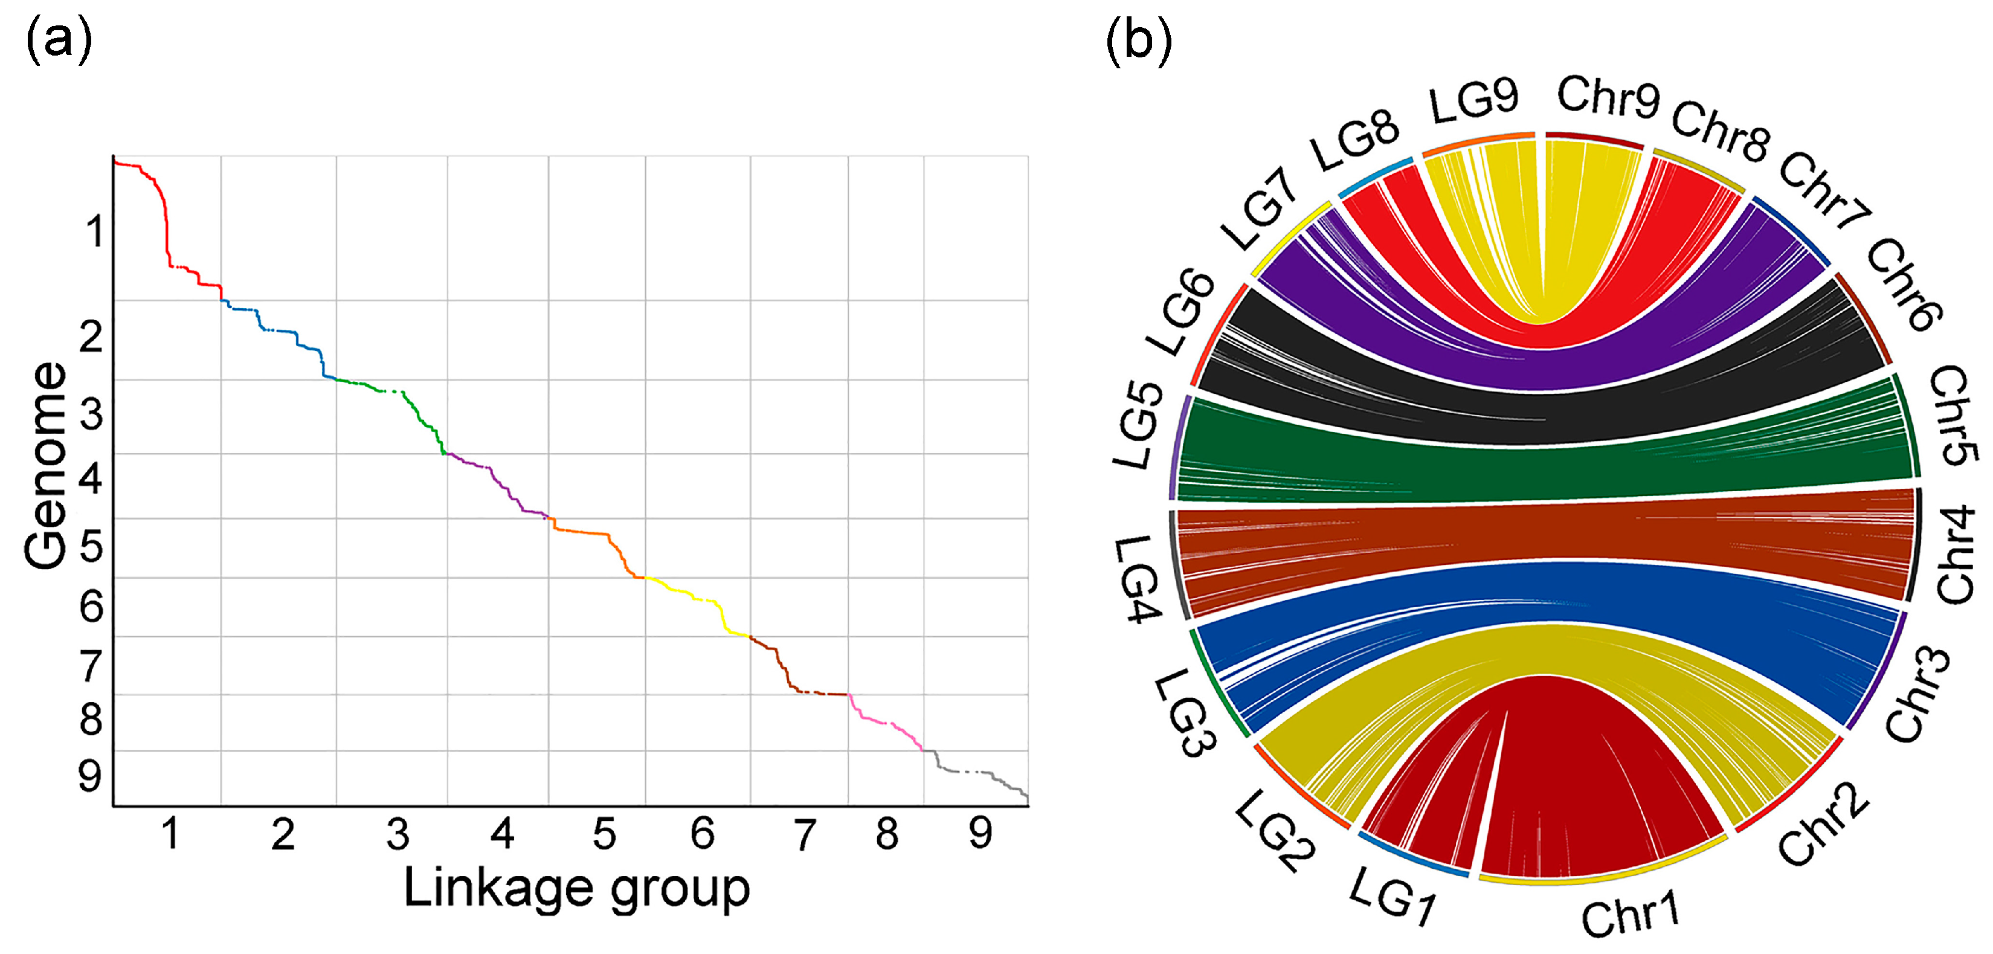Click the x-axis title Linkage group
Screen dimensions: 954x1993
click(576, 888)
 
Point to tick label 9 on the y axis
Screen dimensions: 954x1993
click(90, 775)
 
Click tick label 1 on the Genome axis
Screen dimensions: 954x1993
click(94, 231)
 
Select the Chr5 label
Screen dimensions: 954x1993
click(1953, 416)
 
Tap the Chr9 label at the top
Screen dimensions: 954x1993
click(1608, 98)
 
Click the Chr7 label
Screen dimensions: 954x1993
click(1824, 190)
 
